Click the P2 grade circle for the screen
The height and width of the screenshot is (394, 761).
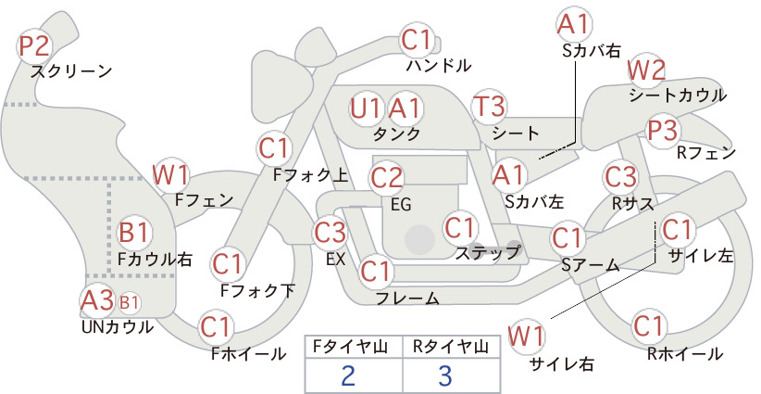point(34,45)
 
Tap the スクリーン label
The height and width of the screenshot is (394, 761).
point(71,71)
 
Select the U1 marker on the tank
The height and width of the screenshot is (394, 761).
point(365,108)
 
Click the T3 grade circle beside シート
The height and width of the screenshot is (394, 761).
point(490,106)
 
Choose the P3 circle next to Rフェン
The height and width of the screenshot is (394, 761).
point(663,130)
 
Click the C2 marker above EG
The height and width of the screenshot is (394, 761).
point(387,178)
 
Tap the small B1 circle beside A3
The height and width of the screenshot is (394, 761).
point(129,302)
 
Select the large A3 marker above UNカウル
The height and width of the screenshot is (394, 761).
point(97,300)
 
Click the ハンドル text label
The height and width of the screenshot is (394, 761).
point(439,65)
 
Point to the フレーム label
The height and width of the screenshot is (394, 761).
point(407,299)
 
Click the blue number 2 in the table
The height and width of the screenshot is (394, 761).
point(348,375)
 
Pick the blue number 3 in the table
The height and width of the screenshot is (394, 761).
point(445,375)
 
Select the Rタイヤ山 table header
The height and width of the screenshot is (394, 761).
point(451,347)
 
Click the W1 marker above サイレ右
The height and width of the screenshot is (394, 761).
point(527,336)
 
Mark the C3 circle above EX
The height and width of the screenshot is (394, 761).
point(330,232)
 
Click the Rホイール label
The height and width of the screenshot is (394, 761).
point(685,354)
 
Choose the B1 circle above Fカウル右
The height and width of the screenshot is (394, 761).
point(133,232)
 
